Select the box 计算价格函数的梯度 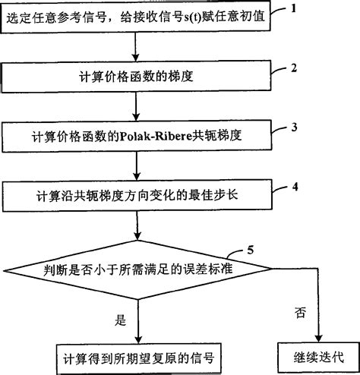point(137,77)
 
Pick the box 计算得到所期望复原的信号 point(137,355)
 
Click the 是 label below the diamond point(119,320)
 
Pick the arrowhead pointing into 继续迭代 point(319,337)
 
